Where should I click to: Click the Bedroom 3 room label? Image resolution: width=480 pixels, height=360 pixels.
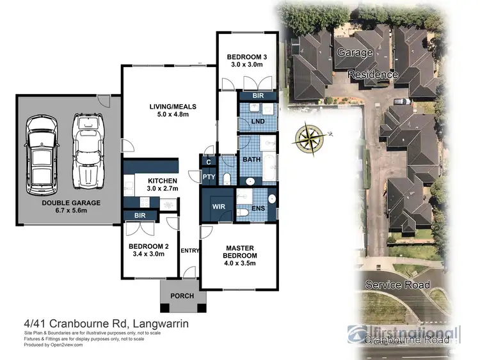(247, 62)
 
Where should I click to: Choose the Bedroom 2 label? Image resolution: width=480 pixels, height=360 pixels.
(148, 250)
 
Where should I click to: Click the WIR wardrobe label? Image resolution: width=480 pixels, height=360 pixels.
(218, 206)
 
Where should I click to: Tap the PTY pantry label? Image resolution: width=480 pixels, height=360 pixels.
(209, 177)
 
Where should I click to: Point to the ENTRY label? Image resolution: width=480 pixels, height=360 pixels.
(190, 250)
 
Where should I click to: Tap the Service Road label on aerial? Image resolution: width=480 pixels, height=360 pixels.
(397, 285)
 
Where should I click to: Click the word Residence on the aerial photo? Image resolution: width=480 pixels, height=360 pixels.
(373, 75)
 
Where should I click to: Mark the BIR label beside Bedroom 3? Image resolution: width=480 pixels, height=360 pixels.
(259, 96)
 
